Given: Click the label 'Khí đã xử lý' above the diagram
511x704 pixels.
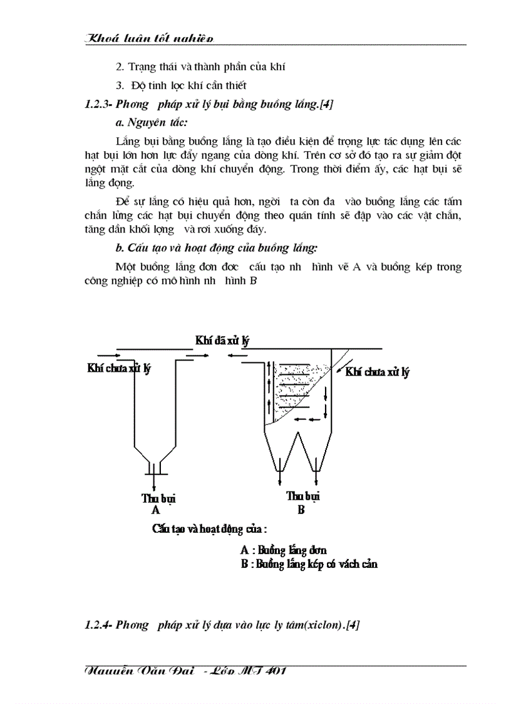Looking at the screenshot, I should point(222,340).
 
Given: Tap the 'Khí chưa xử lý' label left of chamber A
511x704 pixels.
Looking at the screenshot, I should point(119,368).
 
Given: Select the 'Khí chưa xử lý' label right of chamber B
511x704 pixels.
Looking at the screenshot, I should point(377,372).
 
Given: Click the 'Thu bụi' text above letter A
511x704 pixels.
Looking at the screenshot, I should point(158,499).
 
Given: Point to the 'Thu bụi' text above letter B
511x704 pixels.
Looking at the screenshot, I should point(303,496).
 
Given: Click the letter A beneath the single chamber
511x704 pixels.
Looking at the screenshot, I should point(155,511).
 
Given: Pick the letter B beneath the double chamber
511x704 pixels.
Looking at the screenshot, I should point(301,510).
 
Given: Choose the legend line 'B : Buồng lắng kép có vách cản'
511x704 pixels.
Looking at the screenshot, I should point(309,564).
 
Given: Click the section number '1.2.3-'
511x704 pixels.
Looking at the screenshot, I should point(98,105).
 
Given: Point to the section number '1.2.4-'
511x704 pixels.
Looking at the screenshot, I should point(98,625).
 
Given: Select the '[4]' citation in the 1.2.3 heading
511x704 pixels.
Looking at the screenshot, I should point(326,105).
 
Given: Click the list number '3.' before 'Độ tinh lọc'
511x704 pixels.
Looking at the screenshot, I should point(120,85).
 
